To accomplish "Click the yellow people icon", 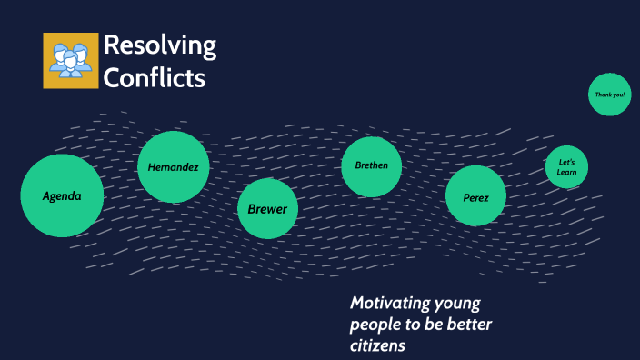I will click(70, 61).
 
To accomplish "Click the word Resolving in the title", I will click(160, 45).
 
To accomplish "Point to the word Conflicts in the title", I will click(155, 78).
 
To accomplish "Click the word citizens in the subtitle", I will click(377, 346).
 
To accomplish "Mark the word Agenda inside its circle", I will click(62, 196).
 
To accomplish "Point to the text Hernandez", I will click(174, 167).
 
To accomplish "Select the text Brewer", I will click(268, 209).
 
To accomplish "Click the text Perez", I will click(475, 197).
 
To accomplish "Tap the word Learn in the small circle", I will click(566, 172).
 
